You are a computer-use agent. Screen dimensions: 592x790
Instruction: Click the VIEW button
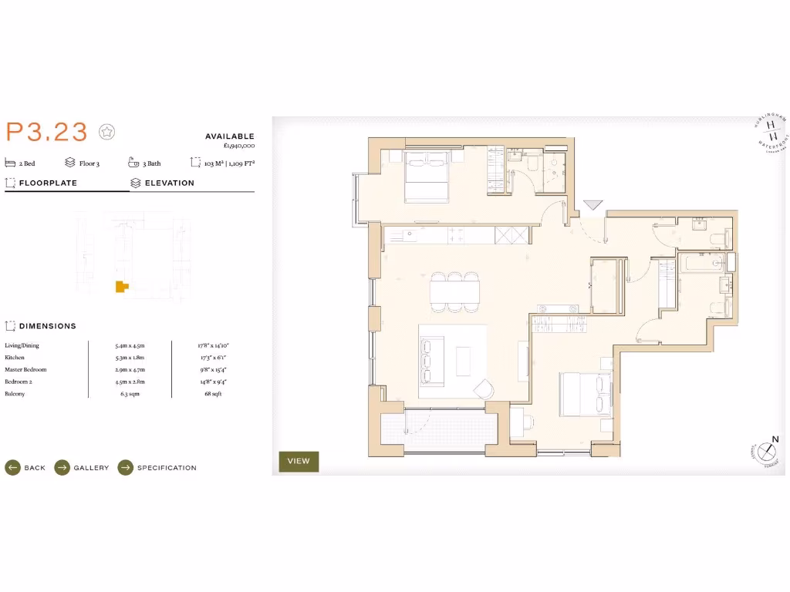point(299,461)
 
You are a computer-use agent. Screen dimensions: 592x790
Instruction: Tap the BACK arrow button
point(12,468)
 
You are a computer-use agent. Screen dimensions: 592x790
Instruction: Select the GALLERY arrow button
point(62,468)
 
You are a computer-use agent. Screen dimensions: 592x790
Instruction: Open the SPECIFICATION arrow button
point(126,468)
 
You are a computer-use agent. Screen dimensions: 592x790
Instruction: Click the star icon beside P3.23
point(107,133)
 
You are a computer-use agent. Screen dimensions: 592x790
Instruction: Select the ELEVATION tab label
point(169,183)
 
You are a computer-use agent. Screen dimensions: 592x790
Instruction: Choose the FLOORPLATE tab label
point(47,183)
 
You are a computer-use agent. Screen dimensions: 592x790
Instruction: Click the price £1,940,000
point(238,146)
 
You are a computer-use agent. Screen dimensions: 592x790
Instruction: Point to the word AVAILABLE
point(229,136)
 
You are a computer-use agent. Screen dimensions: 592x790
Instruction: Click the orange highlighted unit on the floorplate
point(120,287)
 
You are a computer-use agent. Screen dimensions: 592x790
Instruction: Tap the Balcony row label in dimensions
point(15,394)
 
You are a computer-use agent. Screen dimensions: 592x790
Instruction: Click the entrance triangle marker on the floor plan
point(592,205)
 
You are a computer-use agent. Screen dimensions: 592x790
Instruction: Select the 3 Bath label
point(151,163)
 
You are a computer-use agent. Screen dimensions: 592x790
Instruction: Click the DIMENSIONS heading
point(47,326)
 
